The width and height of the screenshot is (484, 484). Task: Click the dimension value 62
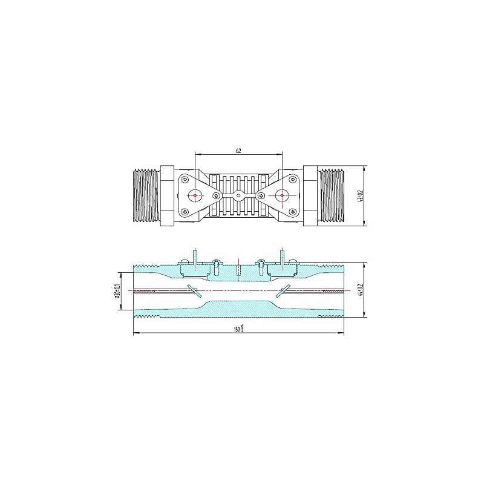coord(238,151)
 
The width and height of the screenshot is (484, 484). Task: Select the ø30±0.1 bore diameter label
coord(119,291)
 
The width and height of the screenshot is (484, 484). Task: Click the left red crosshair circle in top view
coord(195,195)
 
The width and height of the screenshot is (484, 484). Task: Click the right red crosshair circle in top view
coord(283,195)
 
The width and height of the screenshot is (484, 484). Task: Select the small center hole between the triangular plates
coord(239,195)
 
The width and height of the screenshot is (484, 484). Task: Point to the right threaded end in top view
coord(332,195)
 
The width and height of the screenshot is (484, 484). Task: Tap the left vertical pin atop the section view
coord(195,254)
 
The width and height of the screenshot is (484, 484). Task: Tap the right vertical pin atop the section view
coord(283,254)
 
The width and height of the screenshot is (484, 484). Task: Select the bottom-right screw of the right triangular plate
coord(293,211)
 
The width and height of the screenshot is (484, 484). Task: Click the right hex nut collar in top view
coord(310,195)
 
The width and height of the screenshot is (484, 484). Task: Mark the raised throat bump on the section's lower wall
coord(238,307)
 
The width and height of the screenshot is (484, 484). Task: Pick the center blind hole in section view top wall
coord(239,270)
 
